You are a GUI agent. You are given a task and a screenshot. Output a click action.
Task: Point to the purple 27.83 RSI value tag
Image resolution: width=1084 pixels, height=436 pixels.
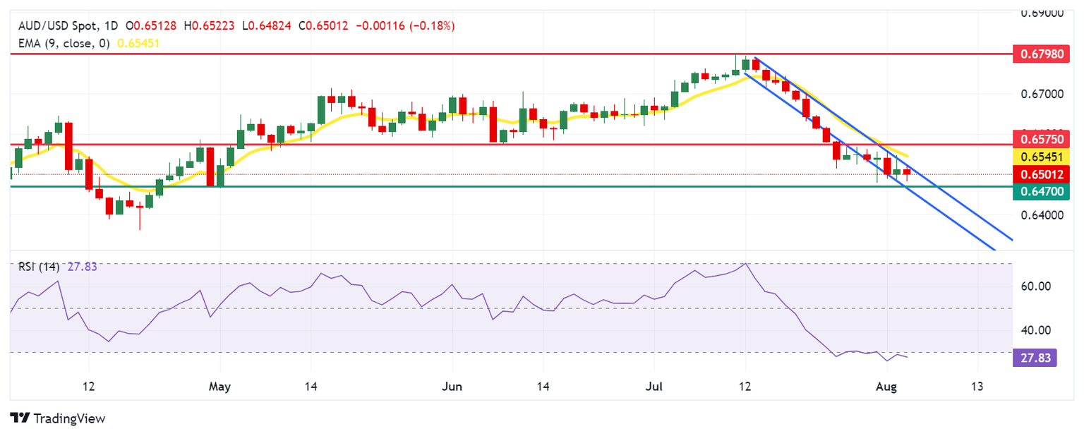[1035, 358]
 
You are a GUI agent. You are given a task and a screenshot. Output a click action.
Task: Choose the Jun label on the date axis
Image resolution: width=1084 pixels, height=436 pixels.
[452, 387]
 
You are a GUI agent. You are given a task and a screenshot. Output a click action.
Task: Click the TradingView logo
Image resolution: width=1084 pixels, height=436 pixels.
[58, 418]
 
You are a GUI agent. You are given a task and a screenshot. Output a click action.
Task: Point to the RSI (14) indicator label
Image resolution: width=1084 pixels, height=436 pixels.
[38, 267]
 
